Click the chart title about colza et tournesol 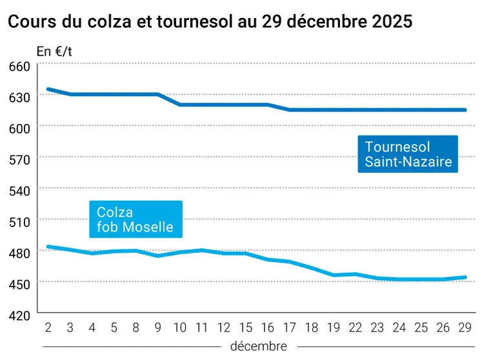(x=210, y=21)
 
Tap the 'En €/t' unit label (x=52, y=52)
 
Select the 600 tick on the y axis (x=20, y=128)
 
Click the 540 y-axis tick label (x=20, y=191)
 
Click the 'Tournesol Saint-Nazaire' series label (x=408, y=154)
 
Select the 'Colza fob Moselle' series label (x=136, y=219)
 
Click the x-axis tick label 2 (x=48, y=326)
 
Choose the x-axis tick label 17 (x=290, y=326)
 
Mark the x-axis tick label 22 (x=356, y=326)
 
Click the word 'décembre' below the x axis (x=258, y=346)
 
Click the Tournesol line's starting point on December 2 (x=48, y=89)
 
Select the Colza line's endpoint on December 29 (x=465, y=277)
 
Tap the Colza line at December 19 (x=334, y=275)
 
